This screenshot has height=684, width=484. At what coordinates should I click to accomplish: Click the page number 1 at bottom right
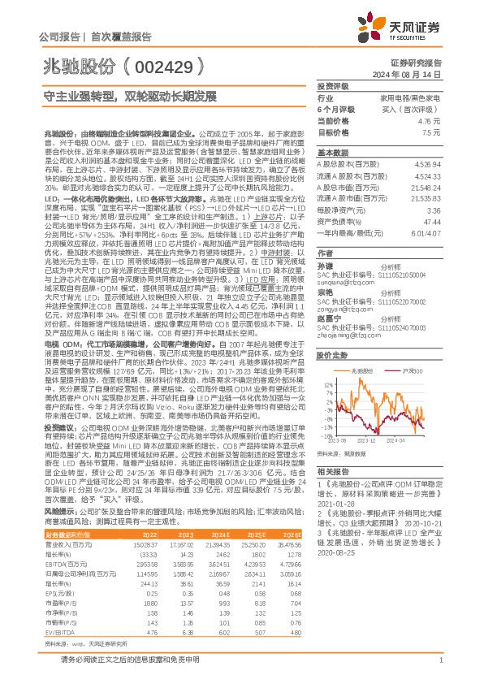tap(439, 667)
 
